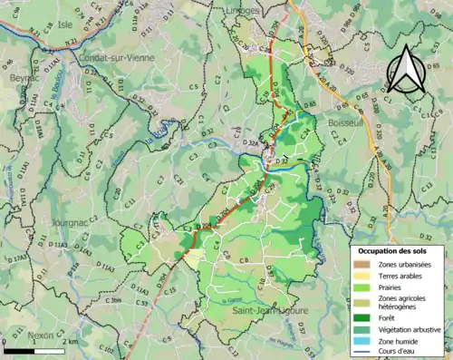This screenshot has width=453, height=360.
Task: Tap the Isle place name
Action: click(64, 24)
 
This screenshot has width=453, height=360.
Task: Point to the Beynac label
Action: click(21, 79)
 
